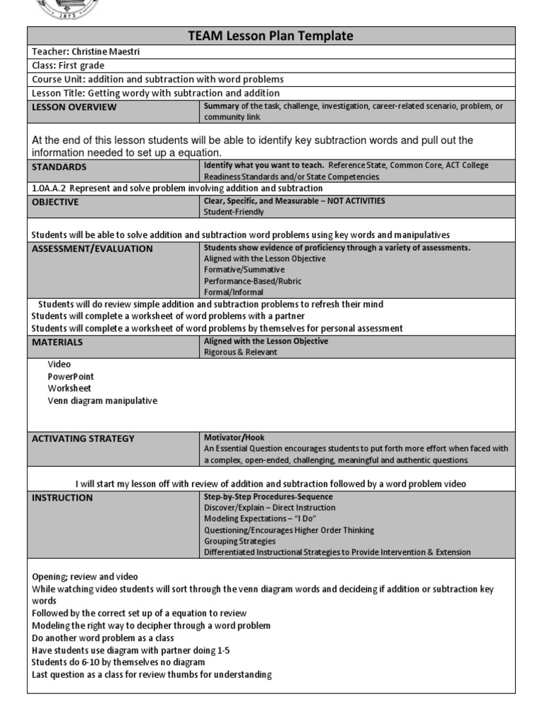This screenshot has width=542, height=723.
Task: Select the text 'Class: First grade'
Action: (68, 66)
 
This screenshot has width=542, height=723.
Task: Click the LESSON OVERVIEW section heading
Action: (75, 107)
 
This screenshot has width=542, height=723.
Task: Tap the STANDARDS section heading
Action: (59, 167)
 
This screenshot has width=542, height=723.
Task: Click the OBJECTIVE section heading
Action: (56, 202)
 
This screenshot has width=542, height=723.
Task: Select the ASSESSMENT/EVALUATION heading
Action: (92, 249)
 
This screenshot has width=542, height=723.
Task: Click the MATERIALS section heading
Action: (58, 342)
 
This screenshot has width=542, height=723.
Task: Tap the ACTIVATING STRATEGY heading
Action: (83, 438)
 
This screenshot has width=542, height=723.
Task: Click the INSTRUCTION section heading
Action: (63, 498)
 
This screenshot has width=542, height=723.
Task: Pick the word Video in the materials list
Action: (59, 364)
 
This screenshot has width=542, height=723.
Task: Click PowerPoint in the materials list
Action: (71, 376)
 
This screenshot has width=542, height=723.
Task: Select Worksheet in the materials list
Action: (69, 388)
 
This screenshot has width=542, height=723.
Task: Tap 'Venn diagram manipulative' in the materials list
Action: (102, 400)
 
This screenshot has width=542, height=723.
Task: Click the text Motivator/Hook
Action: (234, 438)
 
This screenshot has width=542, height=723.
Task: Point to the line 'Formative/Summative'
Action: (244, 270)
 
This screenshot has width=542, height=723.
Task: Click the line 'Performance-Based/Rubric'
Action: (253, 281)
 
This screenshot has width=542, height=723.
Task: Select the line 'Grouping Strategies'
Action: (240, 542)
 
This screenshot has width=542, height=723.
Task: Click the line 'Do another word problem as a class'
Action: (103, 638)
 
